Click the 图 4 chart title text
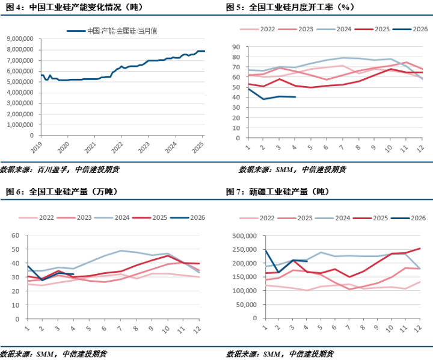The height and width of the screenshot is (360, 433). (75, 7)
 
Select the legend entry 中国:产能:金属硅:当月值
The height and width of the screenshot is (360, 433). (112, 31)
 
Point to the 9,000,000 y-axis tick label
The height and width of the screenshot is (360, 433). (20, 39)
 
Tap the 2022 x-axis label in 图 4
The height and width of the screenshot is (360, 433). (117, 147)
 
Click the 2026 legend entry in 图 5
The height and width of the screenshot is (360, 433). (410, 29)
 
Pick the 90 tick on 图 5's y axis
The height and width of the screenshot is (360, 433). (236, 47)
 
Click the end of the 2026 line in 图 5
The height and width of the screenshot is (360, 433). (296, 97)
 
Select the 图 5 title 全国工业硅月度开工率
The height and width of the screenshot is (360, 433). (291, 7)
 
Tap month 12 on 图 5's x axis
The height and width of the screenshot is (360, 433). (420, 149)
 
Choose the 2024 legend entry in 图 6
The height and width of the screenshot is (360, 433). (112, 217)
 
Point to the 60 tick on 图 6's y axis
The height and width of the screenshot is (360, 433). (16, 235)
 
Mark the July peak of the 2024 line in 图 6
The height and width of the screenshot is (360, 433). (121, 251)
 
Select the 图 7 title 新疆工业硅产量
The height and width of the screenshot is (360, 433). (278, 191)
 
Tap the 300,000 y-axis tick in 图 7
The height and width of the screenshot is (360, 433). (244, 236)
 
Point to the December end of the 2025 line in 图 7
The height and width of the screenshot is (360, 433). (420, 248)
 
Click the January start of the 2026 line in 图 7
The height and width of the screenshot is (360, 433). (266, 250)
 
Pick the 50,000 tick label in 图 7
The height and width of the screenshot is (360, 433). (247, 305)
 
